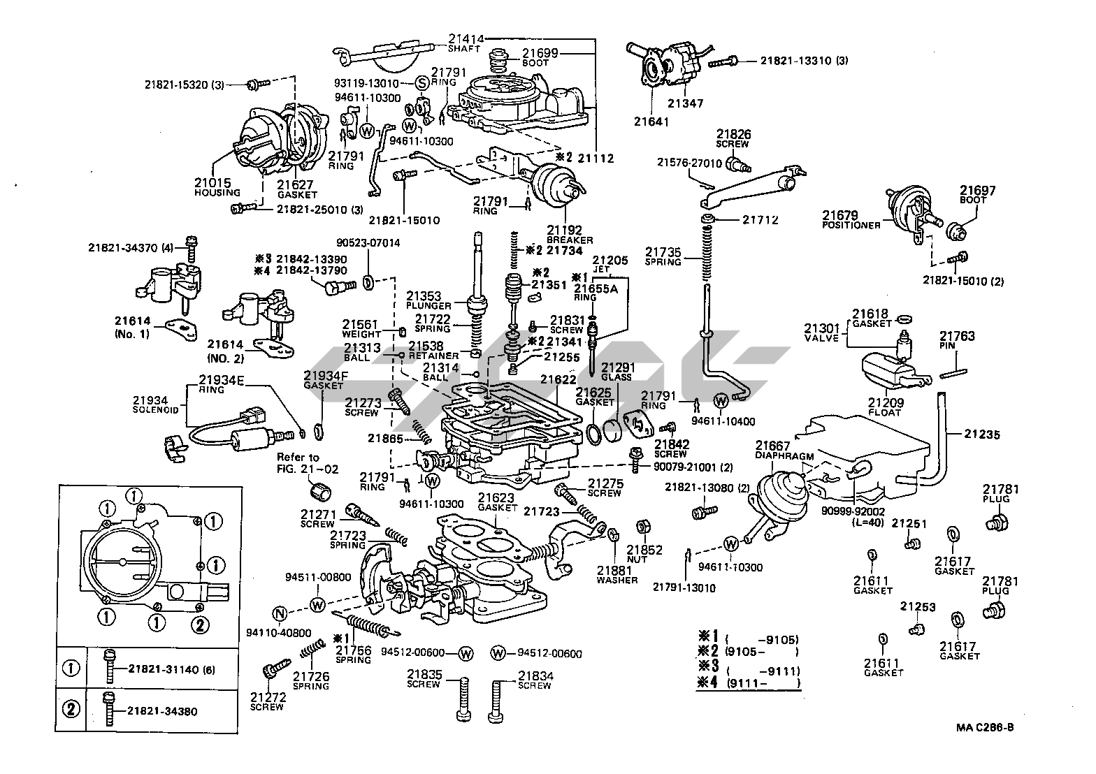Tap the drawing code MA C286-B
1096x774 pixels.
point(985,727)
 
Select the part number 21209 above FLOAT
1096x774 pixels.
point(886,403)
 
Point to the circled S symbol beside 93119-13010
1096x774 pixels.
point(421,83)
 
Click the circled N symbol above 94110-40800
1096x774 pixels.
point(280,615)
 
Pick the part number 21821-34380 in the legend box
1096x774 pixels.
point(162,712)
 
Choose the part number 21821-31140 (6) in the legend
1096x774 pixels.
point(171,669)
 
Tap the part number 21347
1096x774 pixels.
point(686,103)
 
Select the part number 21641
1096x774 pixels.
point(651,122)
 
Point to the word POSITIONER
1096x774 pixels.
point(851,225)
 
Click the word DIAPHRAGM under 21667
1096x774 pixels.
point(784,456)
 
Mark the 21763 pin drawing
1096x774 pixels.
point(957,372)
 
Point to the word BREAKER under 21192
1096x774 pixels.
point(570,240)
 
